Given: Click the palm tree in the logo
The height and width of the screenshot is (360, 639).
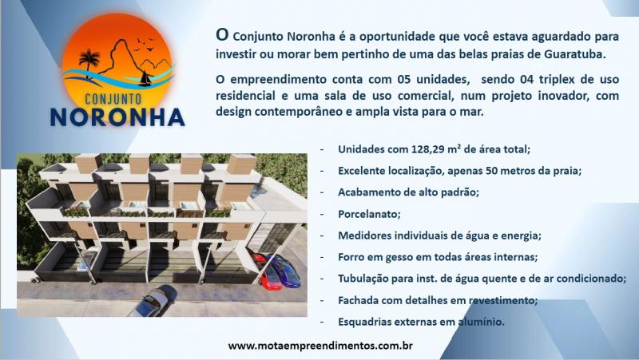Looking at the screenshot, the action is point(89,62).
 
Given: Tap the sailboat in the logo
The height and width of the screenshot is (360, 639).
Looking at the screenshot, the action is point(145,79).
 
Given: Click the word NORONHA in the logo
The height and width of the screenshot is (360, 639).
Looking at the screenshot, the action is point(117,117).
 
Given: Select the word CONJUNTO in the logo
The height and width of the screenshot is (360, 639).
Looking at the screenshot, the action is point(113,99).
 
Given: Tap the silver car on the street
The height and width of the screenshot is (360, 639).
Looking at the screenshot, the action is point(152,302).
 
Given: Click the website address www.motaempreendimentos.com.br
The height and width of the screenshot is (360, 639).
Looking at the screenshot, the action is point(320,346).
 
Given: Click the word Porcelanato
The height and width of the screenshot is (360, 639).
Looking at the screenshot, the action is point(369,214).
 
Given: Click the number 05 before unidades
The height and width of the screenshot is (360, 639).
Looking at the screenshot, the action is point(403,79).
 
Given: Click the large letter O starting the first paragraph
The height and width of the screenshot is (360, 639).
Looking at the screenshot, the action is point(222,34).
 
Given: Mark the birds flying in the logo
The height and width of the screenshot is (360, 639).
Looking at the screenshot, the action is point(145,45).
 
